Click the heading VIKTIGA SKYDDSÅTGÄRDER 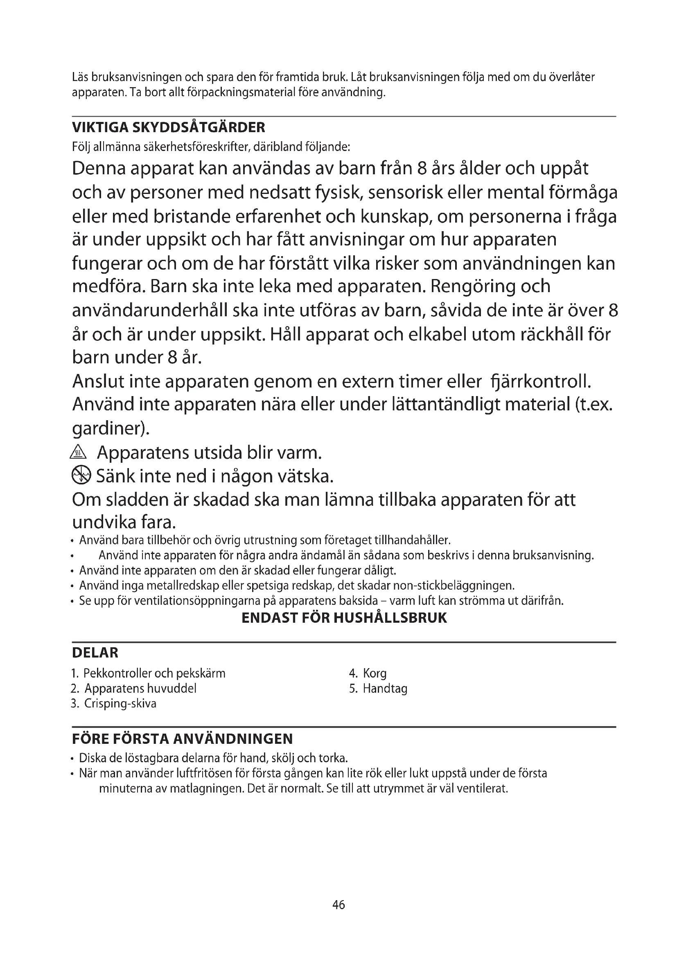click(x=168, y=127)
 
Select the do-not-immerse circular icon click(x=81, y=475)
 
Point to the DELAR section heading click(x=95, y=653)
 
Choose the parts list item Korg click(x=375, y=673)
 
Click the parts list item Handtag click(x=385, y=689)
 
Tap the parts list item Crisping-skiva click(x=120, y=704)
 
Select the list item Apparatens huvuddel click(x=140, y=689)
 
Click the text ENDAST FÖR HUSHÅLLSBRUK click(x=344, y=618)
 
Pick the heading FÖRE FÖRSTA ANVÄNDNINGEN click(x=182, y=739)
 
